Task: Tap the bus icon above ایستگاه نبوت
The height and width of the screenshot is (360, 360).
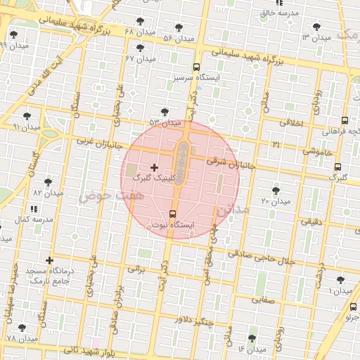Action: click(173, 214)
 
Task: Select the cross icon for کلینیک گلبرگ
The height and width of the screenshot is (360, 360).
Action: click(154, 167)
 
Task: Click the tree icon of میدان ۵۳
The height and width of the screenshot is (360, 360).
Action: click(165, 112)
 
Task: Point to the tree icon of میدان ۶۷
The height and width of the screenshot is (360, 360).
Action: click(140, 48)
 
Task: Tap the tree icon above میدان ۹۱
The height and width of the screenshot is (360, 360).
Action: click(27, 116)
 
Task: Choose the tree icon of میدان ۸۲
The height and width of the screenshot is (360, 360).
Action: click(48, 182)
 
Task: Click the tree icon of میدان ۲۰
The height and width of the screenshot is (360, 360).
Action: click(275, 191)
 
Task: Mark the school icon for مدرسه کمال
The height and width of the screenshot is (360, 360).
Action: click(33, 209)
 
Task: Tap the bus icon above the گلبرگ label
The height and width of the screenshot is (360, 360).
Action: click(337, 167)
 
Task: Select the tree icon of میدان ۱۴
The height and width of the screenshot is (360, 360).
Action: click(252, 339)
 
